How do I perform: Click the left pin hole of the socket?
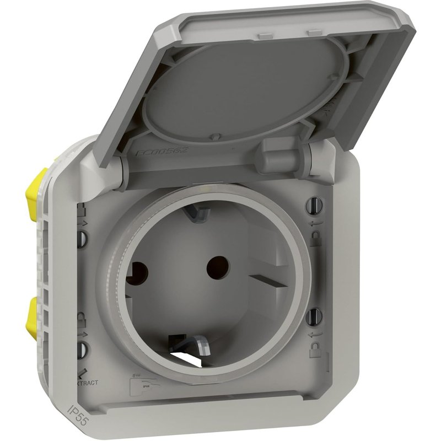click(137, 271)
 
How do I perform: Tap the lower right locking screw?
click(315, 316)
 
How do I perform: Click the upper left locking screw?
click(83, 238)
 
